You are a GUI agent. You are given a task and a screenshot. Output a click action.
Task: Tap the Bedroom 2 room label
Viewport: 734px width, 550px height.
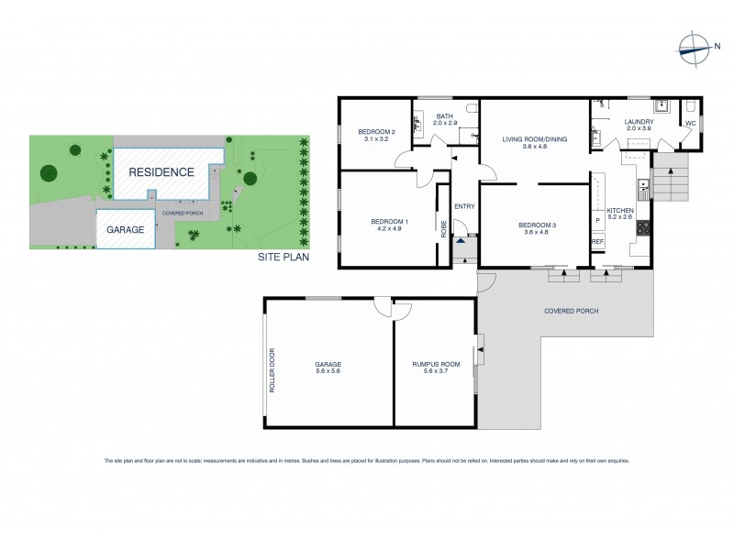pos(376,132)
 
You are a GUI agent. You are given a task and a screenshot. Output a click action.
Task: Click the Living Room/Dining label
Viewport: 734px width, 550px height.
pos(533,139)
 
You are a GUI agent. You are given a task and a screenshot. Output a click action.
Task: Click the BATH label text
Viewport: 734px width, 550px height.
pos(445,116)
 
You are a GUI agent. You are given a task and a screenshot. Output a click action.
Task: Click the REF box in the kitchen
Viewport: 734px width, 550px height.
pos(597,242)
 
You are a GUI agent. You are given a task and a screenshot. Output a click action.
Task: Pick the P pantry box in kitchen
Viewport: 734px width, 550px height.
pos(597,221)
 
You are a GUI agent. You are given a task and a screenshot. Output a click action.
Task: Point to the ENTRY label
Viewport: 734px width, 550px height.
pos(464,206)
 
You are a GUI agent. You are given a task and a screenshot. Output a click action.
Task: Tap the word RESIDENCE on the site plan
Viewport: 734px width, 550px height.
pos(161,171)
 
